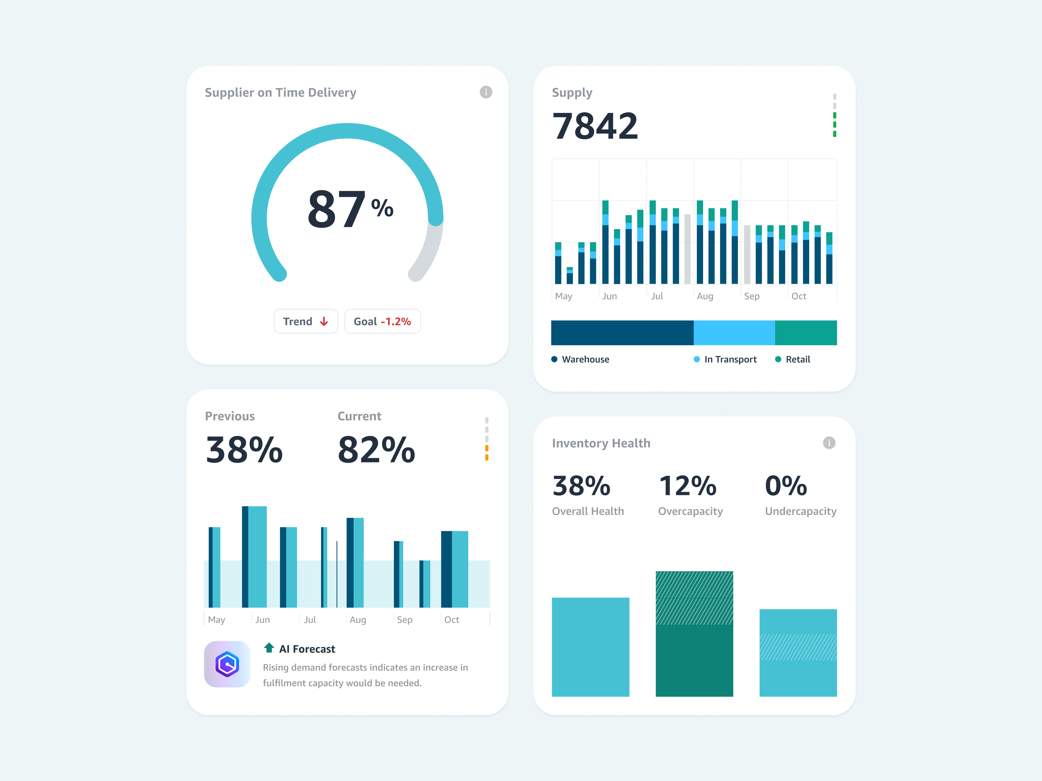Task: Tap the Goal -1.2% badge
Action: coord(382,321)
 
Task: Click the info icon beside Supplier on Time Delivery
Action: coord(486,92)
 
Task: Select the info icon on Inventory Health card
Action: coord(829,443)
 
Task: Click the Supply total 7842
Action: coord(595,126)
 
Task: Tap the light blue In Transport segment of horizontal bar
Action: coord(734,333)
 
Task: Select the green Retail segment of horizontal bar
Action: coord(806,333)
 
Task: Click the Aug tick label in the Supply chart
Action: coord(705,296)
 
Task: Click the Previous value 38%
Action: coord(244,450)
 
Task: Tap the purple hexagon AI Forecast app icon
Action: coord(227,664)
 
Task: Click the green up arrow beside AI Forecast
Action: coord(269,648)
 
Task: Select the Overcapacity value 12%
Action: coord(687,486)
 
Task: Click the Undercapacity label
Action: coord(800,511)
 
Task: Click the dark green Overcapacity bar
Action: coord(694,659)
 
